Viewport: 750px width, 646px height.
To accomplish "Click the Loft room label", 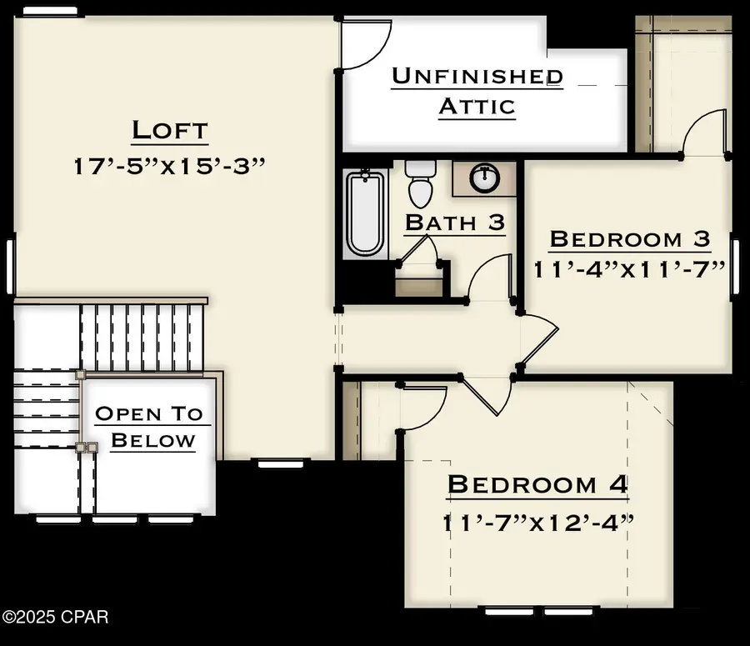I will tap(169, 131).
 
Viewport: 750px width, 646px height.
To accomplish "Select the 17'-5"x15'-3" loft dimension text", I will tap(169, 165).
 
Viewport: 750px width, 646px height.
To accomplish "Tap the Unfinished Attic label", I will tap(477, 92).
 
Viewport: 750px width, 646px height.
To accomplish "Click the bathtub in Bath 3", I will tap(365, 213).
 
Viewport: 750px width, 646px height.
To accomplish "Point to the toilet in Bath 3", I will tap(420, 183).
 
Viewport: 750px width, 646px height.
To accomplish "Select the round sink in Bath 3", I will tap(484, 178).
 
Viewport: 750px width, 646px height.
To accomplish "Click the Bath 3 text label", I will tap(454, 223).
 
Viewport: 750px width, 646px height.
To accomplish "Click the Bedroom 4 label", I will tap(537, 484).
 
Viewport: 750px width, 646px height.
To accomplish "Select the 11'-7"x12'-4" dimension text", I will tap(537, 523).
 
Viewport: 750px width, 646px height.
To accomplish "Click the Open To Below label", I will tap(148, 426).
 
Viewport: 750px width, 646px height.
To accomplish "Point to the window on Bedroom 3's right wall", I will tap(735, 268).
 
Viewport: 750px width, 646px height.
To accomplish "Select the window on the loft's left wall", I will tap(11, 267).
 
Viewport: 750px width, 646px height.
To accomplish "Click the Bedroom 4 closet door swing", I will tap(423, 407).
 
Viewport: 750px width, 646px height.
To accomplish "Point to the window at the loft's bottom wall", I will tap(273, 463).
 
